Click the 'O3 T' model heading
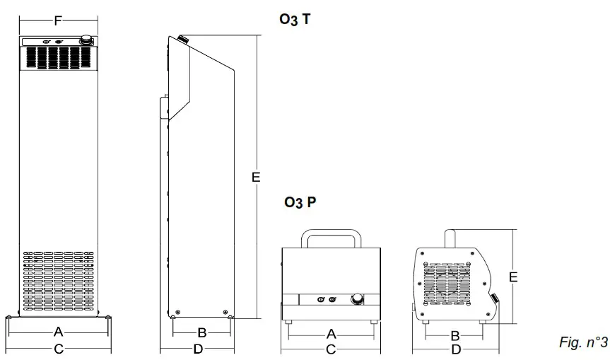click(x=295, y=20)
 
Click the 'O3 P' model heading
click(x=300, y=203)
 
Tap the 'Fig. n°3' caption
click(x=583, y=343)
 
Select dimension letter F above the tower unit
click(x=57, y=21)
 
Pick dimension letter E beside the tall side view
click(x=256, y=178)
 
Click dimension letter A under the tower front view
click(x=59, y=332)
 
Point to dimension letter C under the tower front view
click(x=59, y=349)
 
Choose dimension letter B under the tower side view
click(x=201, y=332)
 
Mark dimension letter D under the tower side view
click(x=199, y=349)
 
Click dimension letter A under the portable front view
click(x=330, y=334)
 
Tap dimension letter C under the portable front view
click(x=330, y=349)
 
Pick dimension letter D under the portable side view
click(x=456, y=349)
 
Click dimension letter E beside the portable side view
click(x=513, y=277)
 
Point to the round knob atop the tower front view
click(x=86, y=42)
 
